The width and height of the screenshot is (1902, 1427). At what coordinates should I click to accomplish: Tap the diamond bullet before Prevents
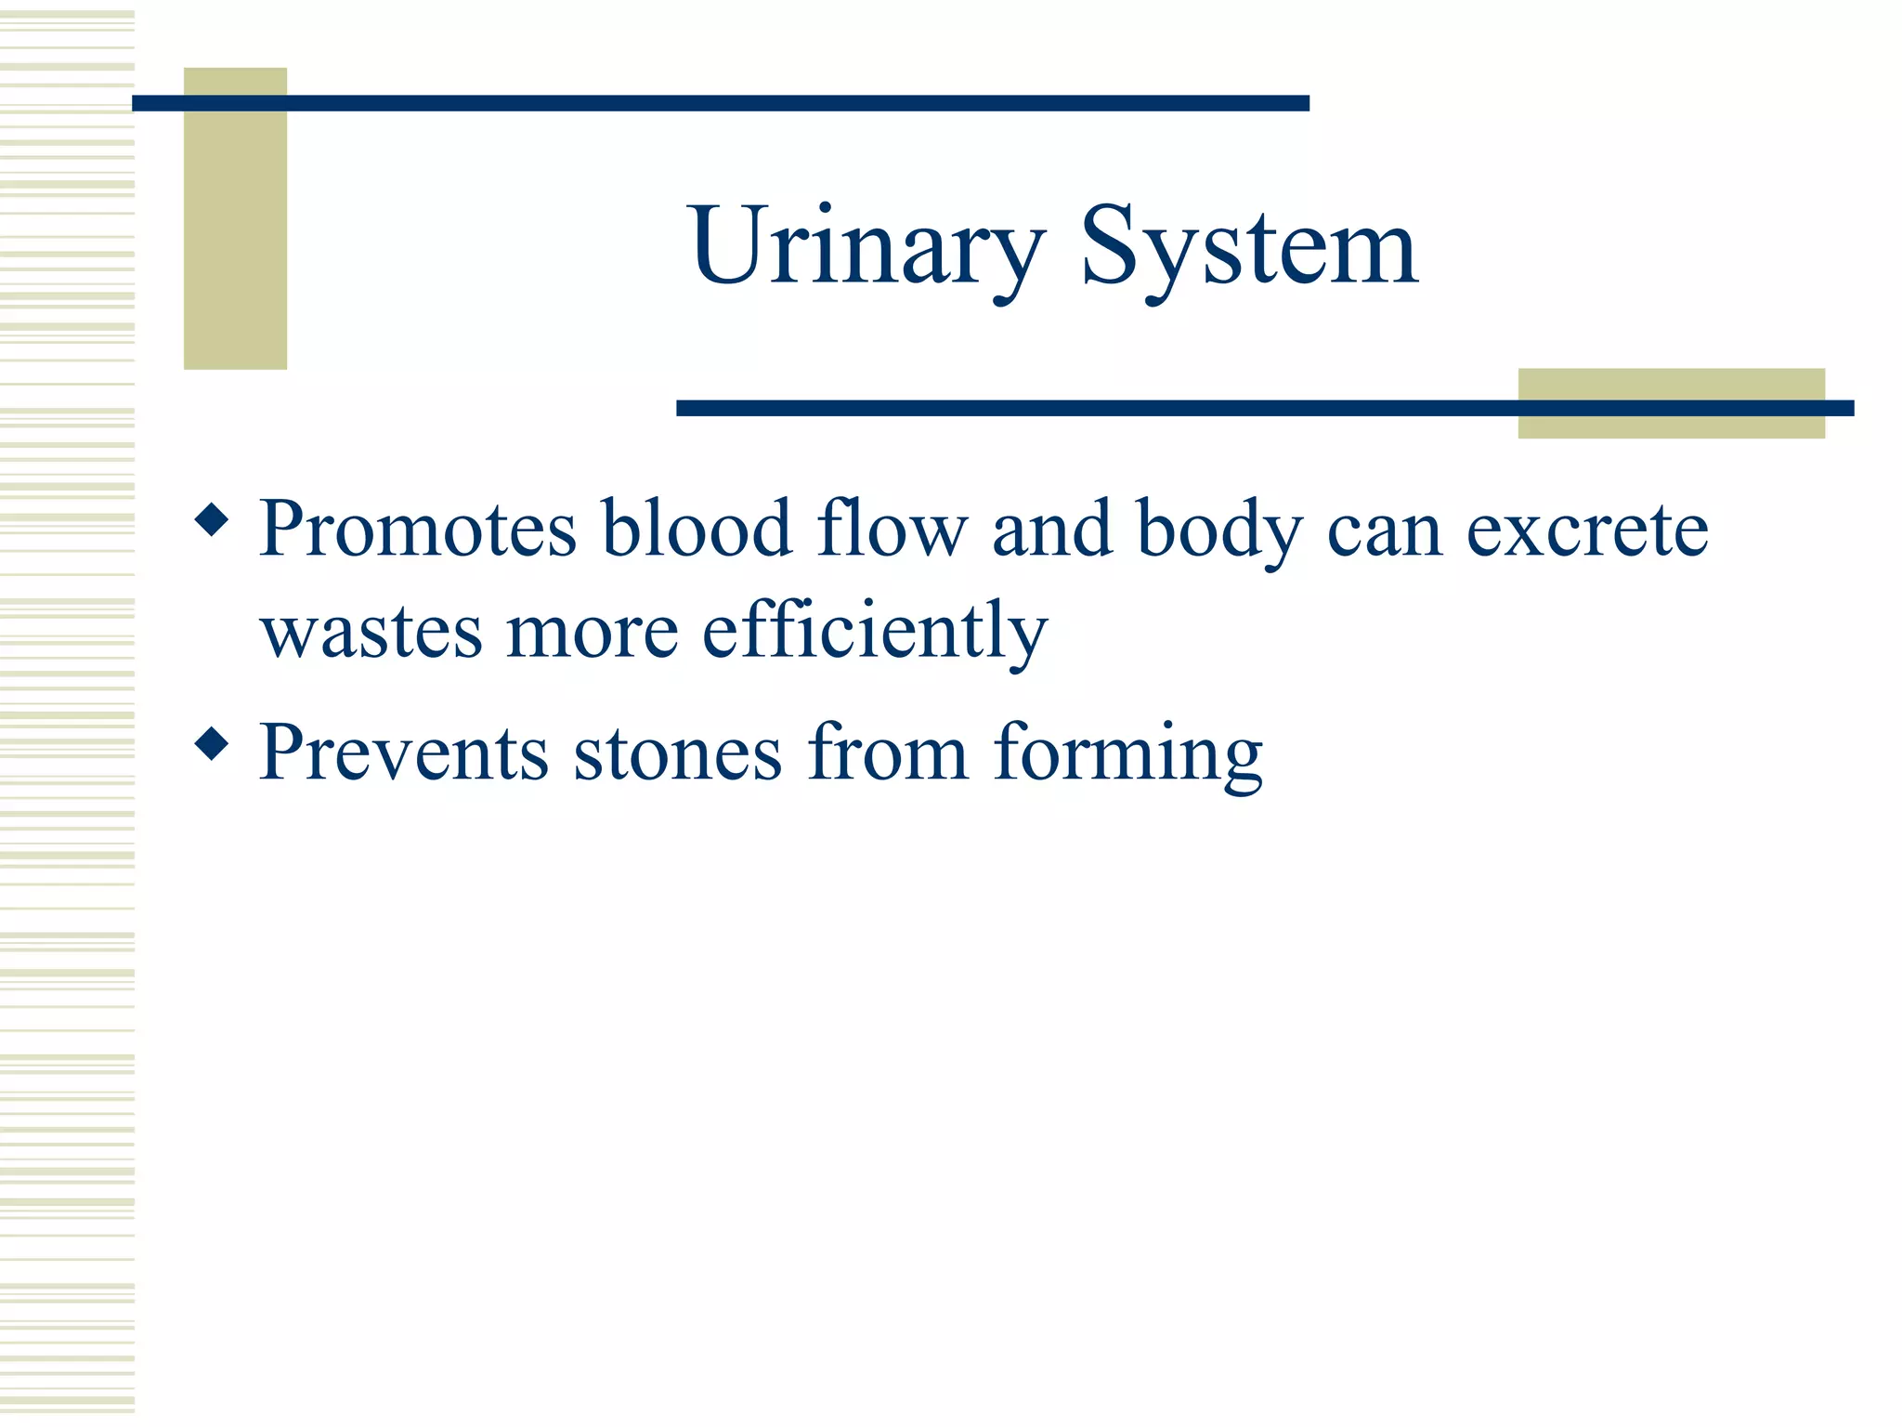[212, 743]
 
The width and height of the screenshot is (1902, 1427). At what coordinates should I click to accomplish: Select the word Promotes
[418, 530]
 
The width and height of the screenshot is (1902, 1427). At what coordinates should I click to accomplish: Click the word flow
[892, 530]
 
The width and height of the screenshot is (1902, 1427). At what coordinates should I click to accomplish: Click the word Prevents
[404, 753]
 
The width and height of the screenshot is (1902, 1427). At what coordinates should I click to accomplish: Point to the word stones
[678, 753]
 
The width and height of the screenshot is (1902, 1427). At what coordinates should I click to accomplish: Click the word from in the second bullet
[888, 753]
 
